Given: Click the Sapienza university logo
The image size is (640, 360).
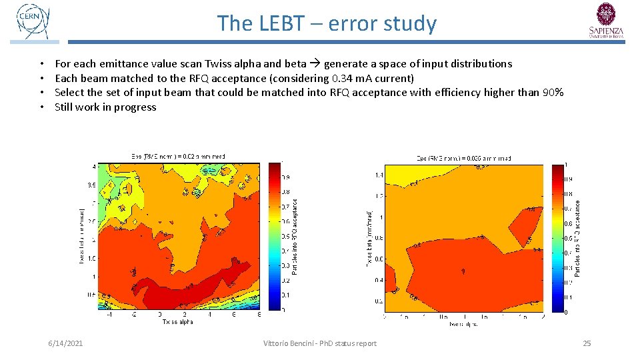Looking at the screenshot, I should (x=606, y=21).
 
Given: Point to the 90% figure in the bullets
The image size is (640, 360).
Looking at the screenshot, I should (x=553, y=92).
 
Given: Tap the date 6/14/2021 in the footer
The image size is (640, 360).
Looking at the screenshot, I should (x=65, y=343).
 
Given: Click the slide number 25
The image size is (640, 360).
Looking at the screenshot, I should (x=587, y=343).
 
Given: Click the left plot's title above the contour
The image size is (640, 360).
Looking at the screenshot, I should (x=177, y=157).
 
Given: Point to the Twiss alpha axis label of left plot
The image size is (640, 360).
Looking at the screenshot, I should (x=177, y=321).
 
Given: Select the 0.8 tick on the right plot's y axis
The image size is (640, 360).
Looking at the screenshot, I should (x=378, y=237).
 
